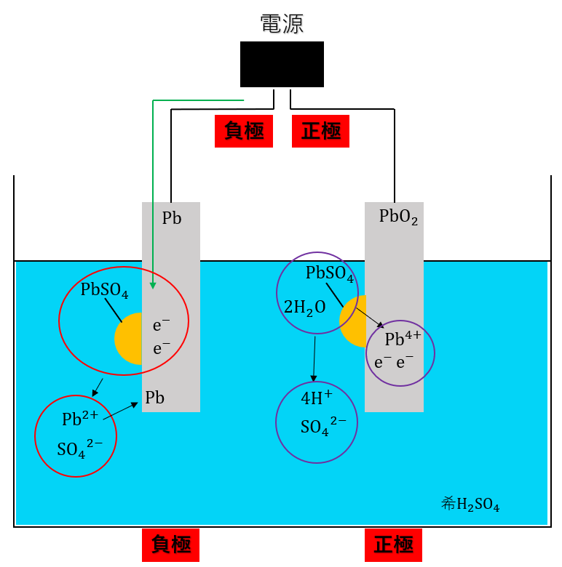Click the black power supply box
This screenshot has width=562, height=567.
pyautogui.click(x=282, y=64)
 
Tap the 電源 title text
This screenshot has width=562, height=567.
pyautogui.click(x=282, y=23)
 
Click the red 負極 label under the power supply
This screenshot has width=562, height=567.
pyautogui.click(x=244, y=131)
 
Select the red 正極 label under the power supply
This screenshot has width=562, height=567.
pyautogui.click(x=320, y=131)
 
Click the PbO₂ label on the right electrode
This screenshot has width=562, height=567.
pyautogui.click(x=398, y=217)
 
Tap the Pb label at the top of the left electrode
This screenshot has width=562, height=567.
pyautogui.click(x=172, y=217)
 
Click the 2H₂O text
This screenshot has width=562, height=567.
pyautogui.click(x=304, y=308)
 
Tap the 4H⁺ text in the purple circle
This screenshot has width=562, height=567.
pyautogui.click(x=316, y=398)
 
